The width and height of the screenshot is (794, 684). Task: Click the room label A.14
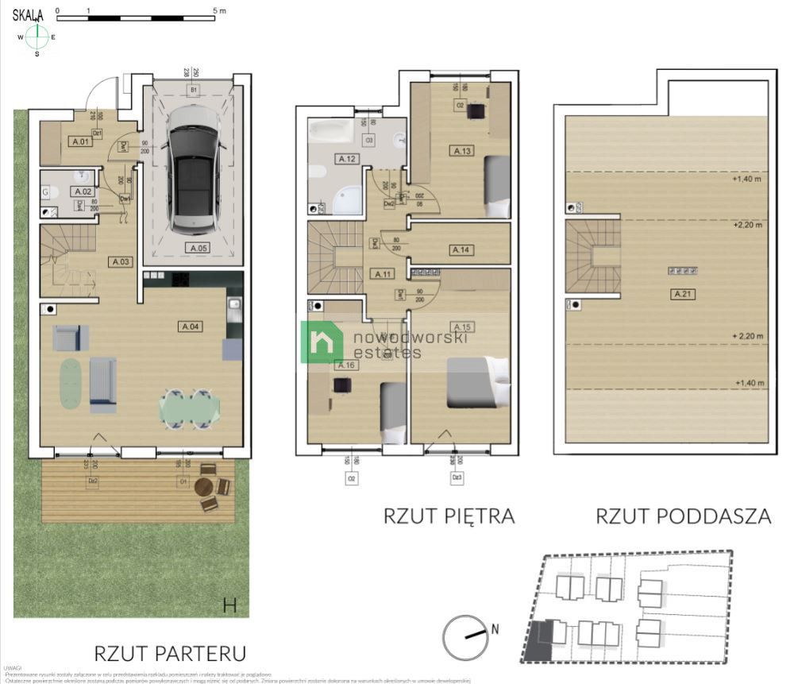point(461,249)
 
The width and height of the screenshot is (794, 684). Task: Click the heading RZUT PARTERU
point(170,653)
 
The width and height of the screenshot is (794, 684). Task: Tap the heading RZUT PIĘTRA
point(449,516)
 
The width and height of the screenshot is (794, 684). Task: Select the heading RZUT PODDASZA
point(683,516)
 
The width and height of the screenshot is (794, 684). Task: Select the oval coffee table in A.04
point(71,385)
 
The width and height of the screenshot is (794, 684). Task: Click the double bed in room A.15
point(476,382)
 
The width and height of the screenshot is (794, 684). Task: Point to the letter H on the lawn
point(229,605)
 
